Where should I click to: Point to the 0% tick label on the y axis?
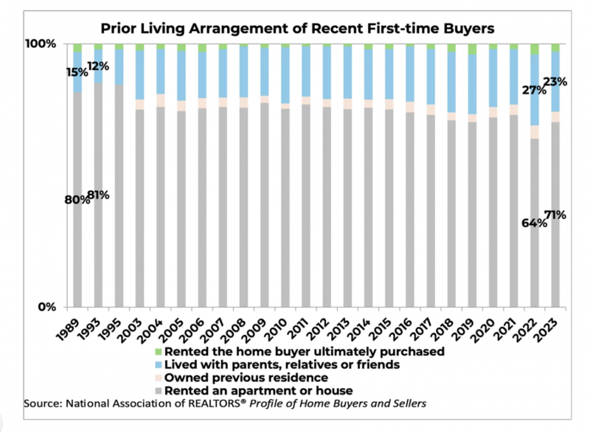pyautogui.click(x=47, y=307)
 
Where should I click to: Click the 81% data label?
pyautogui.click(x=98, y=195)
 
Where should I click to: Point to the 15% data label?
pyautogui.click(x=77, y=72)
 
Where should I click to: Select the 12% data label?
pyautogui.click(x=98, y=66)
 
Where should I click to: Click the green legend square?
pyautogui.click(x=157, y=352)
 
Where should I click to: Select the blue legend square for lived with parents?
pyautogui.click(x=157, y=364)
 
